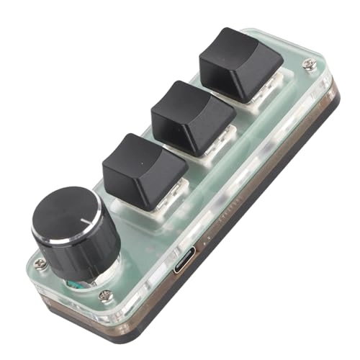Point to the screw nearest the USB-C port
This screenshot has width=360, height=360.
point(105,294)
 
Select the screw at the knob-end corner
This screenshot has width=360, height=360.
point(41,264)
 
